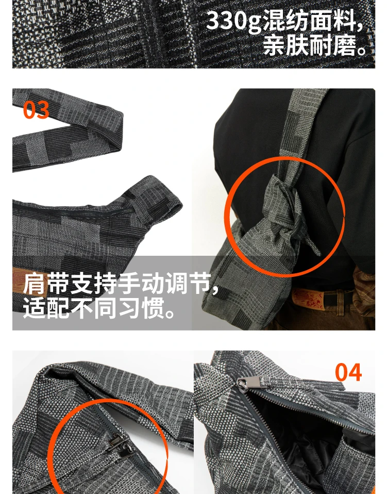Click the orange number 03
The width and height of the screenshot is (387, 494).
click(36, 110)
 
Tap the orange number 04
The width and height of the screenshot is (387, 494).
click(348, 372)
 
